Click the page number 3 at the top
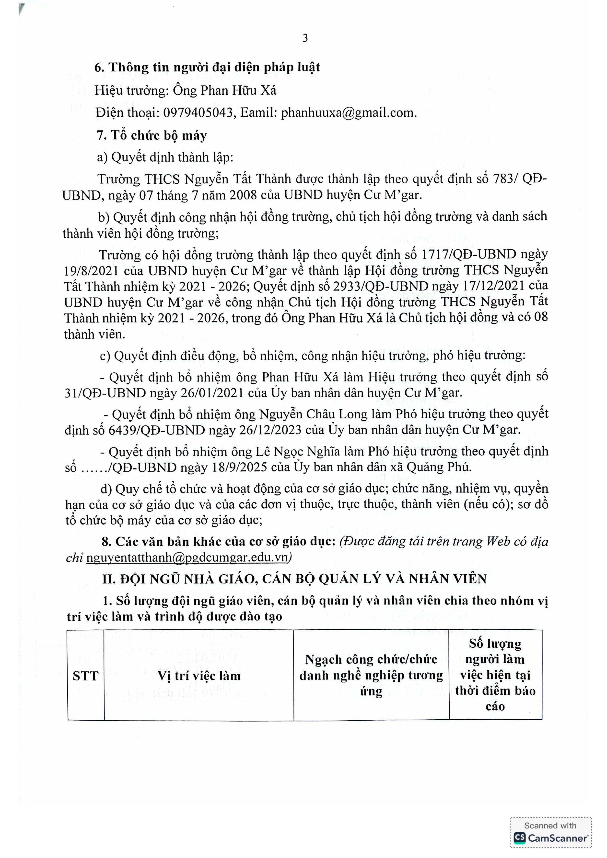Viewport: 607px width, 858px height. point(305,38)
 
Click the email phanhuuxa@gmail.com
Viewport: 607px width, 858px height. point(349,113)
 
